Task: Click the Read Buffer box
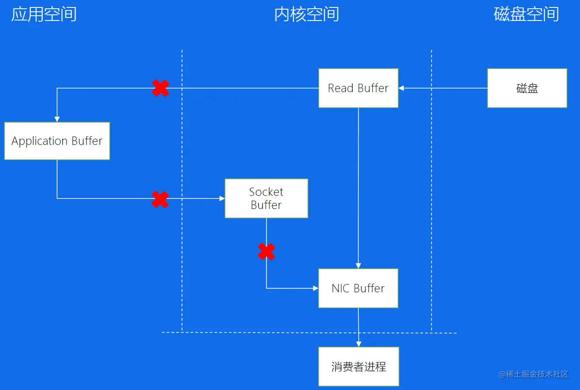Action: pyautogui.click(x=358, y=88)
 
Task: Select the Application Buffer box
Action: pyautogui.click(x=57, y=141)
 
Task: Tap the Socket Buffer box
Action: pyautogui.click(x=266, y=198)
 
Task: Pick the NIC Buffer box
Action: pyautogui.click(x=358, y=288)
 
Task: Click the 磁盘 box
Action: pyautogui.click(x=527, y=88)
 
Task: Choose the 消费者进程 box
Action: pyautogui.click(x=358, y=366)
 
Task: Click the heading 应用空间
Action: pyautogui.click(x=44, y=14)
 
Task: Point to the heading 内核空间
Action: pyautogui.click(x=306, y=14)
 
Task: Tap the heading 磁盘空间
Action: pyautogui.click(x=526, y=14)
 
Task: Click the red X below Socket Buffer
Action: pyautogui.click(x=266, y=252)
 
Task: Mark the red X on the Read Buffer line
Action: pyautogui.click(x=161, y=88)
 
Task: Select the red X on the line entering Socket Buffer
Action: pyautogui.click(x=160, y=199)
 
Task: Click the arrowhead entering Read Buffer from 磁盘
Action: pyautogui.click(x=401, y=88)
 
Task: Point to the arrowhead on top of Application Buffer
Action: pyautogui.click(x=57, y=119)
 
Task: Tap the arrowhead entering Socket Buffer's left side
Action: pyautogui.click(x=222, y=198)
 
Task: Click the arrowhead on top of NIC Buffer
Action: pyautogui.click(x=358, y=266)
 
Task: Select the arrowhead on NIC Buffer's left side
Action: pyautogui.click(x=316, y=288)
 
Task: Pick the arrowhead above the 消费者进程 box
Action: pyautogui.click(x=359, y=344)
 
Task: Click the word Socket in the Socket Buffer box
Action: pyautogui.click(x=266, y=192)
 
